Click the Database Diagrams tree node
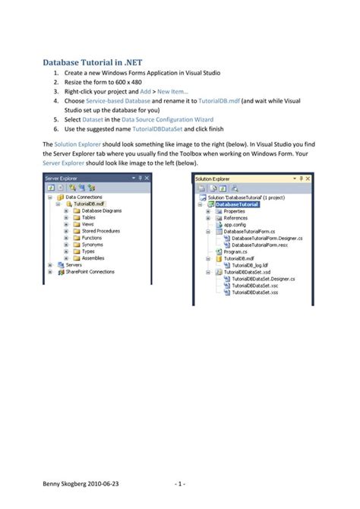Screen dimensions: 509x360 pos(96,210)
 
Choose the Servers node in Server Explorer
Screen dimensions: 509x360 pos(74,264)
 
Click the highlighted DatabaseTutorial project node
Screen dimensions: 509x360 pos(237,204)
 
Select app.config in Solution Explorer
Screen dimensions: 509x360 pos(235,225)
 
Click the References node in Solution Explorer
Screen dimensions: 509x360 pos(235,218)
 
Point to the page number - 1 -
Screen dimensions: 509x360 pos(179,482)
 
